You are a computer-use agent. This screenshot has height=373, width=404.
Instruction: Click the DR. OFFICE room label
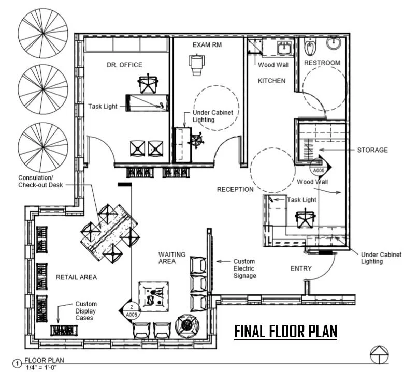point(124,65)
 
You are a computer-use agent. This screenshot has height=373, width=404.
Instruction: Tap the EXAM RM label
point(207,46)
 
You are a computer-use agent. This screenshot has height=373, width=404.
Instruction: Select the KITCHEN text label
point(272,81)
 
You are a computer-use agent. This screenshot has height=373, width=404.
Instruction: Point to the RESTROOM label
point(322,63)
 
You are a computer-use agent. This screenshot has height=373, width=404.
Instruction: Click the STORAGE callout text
point(372,150)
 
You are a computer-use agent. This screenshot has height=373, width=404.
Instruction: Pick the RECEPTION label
point(235,189)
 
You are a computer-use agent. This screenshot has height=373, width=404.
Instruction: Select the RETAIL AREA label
point(76,277)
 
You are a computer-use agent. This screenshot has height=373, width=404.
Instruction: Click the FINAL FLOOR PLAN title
point(286,331)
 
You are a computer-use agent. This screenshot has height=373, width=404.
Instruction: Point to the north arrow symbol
point(379,354)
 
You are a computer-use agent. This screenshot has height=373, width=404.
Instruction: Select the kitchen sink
point(284,49)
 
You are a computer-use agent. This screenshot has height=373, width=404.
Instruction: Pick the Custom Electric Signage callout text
point(244,268)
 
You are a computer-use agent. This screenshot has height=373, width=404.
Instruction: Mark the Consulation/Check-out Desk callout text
point(40,181)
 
